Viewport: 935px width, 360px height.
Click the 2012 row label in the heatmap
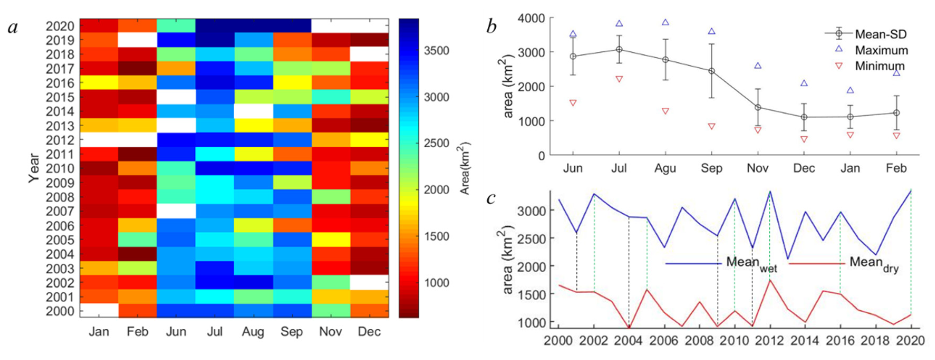pyautogui.click(x=60, y=140)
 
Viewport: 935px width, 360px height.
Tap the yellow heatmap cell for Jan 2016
pyautogui.click(x=99, y=83)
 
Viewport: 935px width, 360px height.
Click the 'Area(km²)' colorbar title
pyautogui.click(x=465, y=168)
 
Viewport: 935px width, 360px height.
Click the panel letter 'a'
pyautogui.click(x=13, y=28)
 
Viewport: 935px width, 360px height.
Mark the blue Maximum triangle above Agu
pyautogui.click(x=665, y=22)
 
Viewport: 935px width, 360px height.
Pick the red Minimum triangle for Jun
pyautogui.click(x=573, y=103)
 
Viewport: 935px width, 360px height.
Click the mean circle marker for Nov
pyautogui.click(x=758, y=108)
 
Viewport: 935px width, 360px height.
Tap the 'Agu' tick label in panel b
pyautogui.click(x=665, y=168)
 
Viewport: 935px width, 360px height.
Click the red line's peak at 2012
pyautogui.click(x=770, y=280)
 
